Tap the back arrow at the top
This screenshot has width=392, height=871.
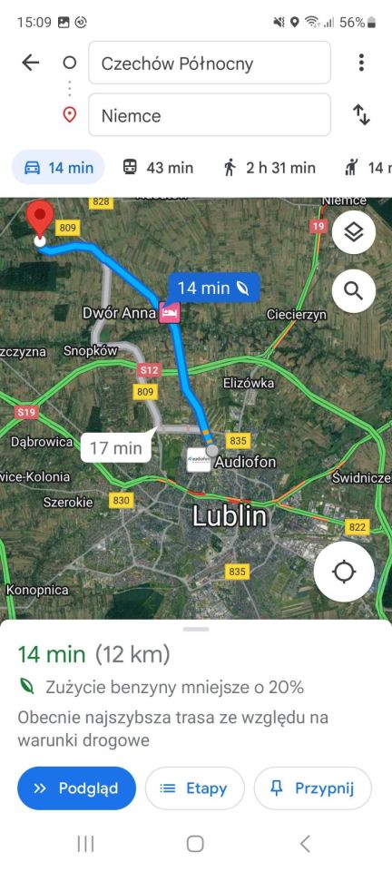click(x=31, y=63)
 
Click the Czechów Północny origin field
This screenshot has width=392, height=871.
click(x=209, y=64)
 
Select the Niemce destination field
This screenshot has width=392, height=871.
click(x=209, y=115)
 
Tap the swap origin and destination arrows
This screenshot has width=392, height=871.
click(x=361, y=115)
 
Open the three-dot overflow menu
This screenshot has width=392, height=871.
click(x=361, y=63)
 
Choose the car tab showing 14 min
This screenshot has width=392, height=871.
click(x=58, y=167)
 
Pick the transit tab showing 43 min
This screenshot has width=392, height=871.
click(x=158, y=167)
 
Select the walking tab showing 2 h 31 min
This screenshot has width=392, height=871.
click(x=269, y=167)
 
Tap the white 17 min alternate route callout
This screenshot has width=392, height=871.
click(x=115, y=447)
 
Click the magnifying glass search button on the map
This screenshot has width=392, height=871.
click(x=353, y=291)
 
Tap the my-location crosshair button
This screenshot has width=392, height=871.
click(x=344, y=572)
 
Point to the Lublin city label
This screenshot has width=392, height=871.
click(x=230, y=516)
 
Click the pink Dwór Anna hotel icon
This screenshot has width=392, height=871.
click(x=170, y=312)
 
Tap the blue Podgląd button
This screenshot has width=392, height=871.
click(x=76, y=788)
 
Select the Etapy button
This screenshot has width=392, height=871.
click(x=194, y=788)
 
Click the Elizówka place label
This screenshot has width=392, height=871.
click(x=248, y=383)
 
